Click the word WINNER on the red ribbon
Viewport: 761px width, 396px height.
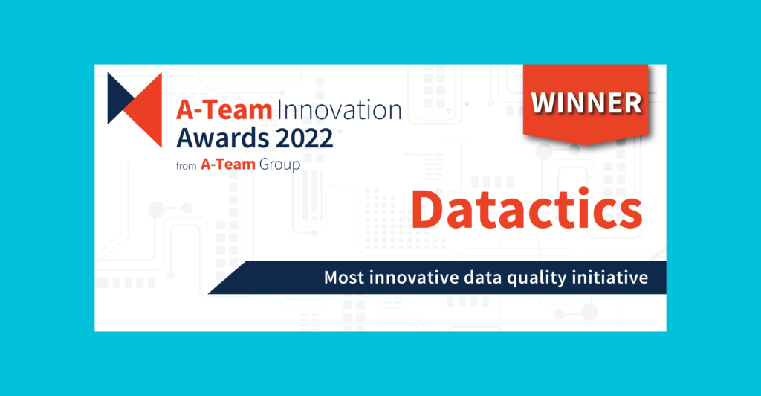coord(586,103)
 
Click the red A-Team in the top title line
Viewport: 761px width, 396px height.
coord(223,111)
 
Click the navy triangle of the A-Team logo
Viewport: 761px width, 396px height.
coord(119,98)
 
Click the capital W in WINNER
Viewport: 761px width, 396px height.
coord(542,103)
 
